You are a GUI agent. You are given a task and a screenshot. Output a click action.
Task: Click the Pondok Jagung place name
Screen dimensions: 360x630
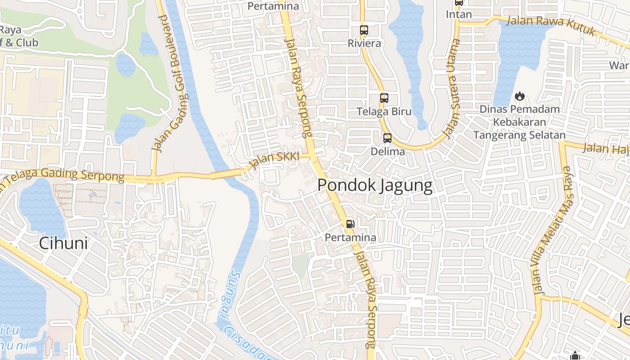coord(375,185)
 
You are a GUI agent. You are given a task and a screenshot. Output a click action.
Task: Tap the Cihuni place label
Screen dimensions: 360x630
coord(63,243)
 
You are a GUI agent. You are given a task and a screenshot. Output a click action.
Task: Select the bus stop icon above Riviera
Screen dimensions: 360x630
coord(364,31)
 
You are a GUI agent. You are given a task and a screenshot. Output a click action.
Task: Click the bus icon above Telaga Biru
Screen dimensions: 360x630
coord(384,98)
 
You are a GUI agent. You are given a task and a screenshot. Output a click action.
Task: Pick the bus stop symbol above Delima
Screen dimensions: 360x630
coord(387,138)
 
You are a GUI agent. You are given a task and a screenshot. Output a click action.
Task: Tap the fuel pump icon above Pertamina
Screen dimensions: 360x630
coord(350,224)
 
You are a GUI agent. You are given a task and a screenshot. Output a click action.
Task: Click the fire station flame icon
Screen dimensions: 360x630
coord(519,96)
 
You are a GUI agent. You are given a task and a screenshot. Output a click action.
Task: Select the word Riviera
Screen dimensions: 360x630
coord(364,43)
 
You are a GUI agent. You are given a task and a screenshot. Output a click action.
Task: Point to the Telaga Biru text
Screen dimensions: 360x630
coord(384,111)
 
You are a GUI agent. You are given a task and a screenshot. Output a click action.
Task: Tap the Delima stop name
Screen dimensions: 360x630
coord(387,151)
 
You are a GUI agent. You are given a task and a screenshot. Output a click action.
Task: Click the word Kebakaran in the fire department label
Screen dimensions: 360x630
coord(519,122)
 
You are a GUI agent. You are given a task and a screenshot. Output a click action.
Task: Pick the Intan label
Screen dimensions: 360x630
coord(459,14)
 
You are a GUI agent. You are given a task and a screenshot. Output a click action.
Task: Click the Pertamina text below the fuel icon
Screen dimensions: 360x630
coord(351,237)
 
